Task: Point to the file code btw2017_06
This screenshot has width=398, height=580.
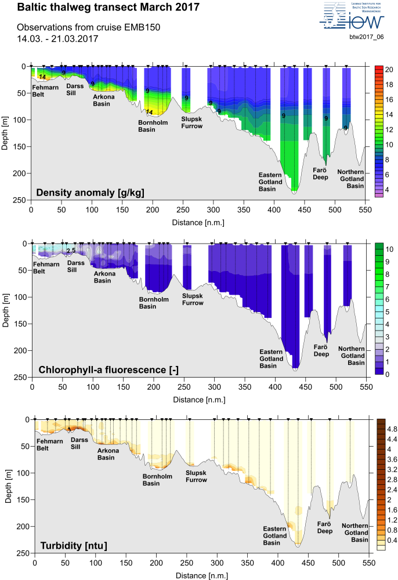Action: coord(367,37)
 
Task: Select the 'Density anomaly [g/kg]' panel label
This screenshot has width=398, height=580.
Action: coord(90,192)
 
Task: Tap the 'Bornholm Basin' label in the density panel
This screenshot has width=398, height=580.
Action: coord(150,126)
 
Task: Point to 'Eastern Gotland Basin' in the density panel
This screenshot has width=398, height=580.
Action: coord(270,182)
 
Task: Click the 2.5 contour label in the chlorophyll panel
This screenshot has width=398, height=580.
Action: coord(71,251)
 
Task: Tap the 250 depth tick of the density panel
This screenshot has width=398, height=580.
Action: coord(22,200)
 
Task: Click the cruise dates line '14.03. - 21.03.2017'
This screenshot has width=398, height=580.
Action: coord(57,38)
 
